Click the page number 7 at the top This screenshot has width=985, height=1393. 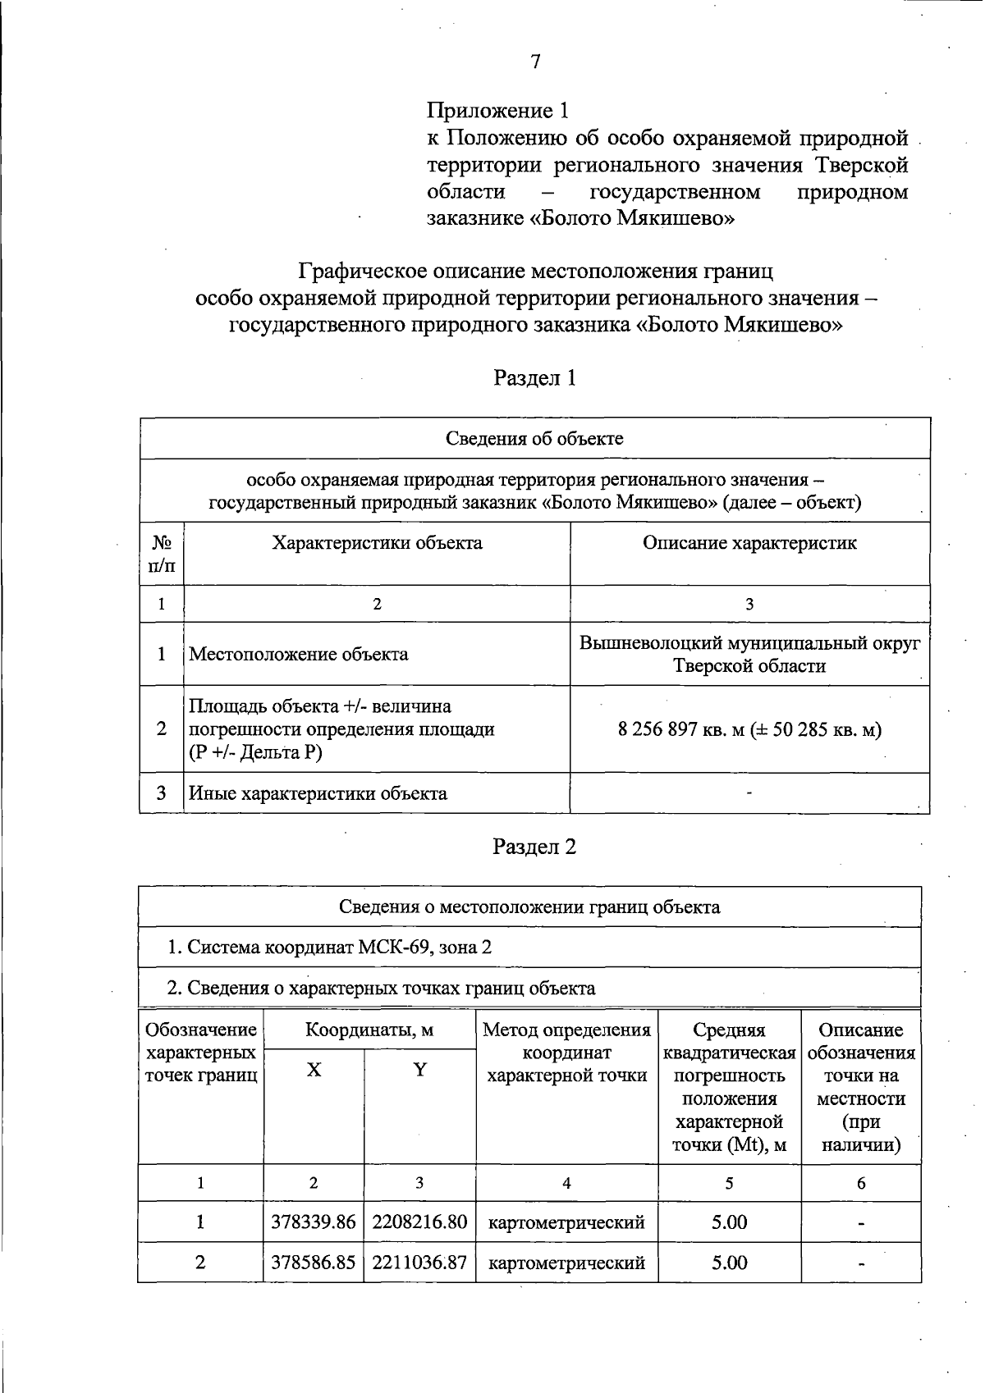[535, 62]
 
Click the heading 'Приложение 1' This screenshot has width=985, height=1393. [497, 110]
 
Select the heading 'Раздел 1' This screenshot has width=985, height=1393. [534, 377]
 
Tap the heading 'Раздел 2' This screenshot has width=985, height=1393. [534, 847]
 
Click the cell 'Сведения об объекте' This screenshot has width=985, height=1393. [534, 438]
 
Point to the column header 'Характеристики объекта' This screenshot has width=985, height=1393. [377, 543]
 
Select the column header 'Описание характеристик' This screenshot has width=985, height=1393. [749, 543]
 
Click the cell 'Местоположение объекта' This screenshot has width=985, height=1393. [299, 654]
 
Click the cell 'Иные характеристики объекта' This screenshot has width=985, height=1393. [318, 793]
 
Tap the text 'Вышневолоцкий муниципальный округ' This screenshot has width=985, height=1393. [749, 643]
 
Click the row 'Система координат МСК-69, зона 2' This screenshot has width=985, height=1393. [329, 948]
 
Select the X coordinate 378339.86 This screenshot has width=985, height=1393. [314, 1222]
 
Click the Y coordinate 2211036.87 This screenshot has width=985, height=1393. [419, 1263]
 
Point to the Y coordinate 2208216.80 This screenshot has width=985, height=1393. [419, 1222]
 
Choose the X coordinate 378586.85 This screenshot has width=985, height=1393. [314, 1263]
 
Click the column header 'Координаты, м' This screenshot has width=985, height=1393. [369, 1030]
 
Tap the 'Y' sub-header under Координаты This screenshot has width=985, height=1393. [419, 1070]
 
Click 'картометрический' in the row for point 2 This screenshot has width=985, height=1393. [566, 1263]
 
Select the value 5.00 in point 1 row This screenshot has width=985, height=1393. [729, 1222]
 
